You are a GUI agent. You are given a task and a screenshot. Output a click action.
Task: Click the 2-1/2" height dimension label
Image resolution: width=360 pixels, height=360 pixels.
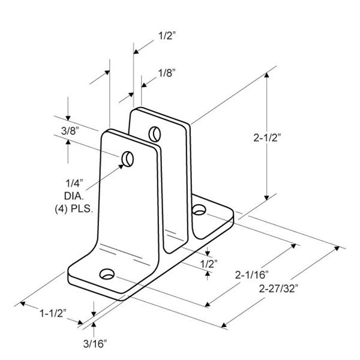(267, 138)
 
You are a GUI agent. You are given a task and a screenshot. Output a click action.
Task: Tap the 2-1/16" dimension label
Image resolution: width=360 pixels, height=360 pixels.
(251, 275)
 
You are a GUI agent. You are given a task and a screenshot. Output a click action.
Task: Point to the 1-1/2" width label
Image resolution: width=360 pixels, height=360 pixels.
(53, 313)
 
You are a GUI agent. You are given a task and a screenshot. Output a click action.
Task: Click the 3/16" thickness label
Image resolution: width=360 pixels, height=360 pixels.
(95, 344)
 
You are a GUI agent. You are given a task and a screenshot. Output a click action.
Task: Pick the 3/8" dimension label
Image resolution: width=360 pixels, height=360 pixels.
(70, 131)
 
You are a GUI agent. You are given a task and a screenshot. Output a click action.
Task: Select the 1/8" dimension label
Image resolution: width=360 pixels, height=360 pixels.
(167, 73)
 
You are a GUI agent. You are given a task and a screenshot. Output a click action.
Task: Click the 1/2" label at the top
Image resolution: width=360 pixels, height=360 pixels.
(167, 35)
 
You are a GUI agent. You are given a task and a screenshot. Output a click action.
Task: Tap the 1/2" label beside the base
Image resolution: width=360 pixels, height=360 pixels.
(209, 264)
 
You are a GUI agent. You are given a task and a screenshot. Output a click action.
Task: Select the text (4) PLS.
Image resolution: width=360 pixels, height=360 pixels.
(74, 209)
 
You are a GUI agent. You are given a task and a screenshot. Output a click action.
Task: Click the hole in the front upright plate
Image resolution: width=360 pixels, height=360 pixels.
(128, 159)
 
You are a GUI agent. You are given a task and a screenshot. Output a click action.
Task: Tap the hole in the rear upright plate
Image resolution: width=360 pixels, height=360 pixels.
(155, 134)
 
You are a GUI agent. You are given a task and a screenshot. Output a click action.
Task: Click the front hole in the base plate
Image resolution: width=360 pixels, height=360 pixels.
(107, 274)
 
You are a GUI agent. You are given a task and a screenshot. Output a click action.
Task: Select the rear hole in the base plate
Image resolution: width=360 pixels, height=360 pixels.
(199, 210)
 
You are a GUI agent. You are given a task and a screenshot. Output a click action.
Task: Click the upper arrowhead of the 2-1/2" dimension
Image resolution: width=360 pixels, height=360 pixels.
(266, 75)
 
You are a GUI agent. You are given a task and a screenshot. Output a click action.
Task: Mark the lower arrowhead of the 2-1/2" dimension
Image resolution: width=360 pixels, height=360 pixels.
(266, 197)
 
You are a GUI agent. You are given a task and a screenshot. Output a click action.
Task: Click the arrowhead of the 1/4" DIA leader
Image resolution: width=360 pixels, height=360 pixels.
(121, 167)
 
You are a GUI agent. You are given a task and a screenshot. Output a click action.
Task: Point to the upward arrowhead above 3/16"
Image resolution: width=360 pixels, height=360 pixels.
(94, 325)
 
